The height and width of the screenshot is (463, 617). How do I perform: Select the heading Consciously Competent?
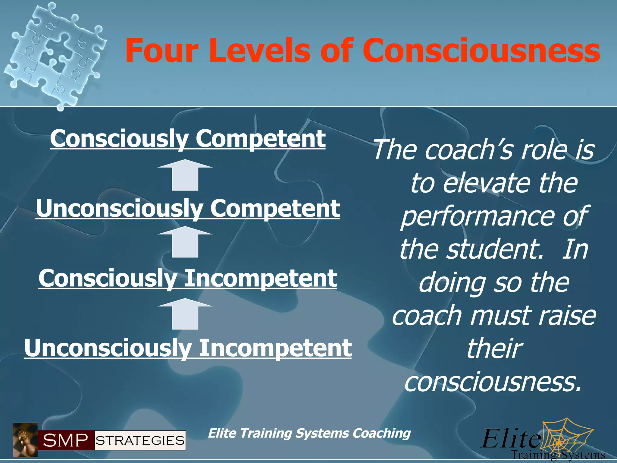point(188,138)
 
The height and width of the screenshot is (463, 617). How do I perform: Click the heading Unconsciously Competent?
point(188,208)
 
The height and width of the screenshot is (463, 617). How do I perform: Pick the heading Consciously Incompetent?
point(188,278)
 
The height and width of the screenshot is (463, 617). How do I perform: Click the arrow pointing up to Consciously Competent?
point(185,175)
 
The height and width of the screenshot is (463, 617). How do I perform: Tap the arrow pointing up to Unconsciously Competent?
point(185,242)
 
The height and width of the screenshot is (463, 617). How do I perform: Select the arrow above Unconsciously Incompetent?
point(185,314)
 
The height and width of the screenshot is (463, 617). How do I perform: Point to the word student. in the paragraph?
point(494,250)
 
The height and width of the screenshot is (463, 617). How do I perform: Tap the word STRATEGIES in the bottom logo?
point(140,440)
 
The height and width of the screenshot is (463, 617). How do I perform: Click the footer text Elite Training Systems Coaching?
point(309,433)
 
